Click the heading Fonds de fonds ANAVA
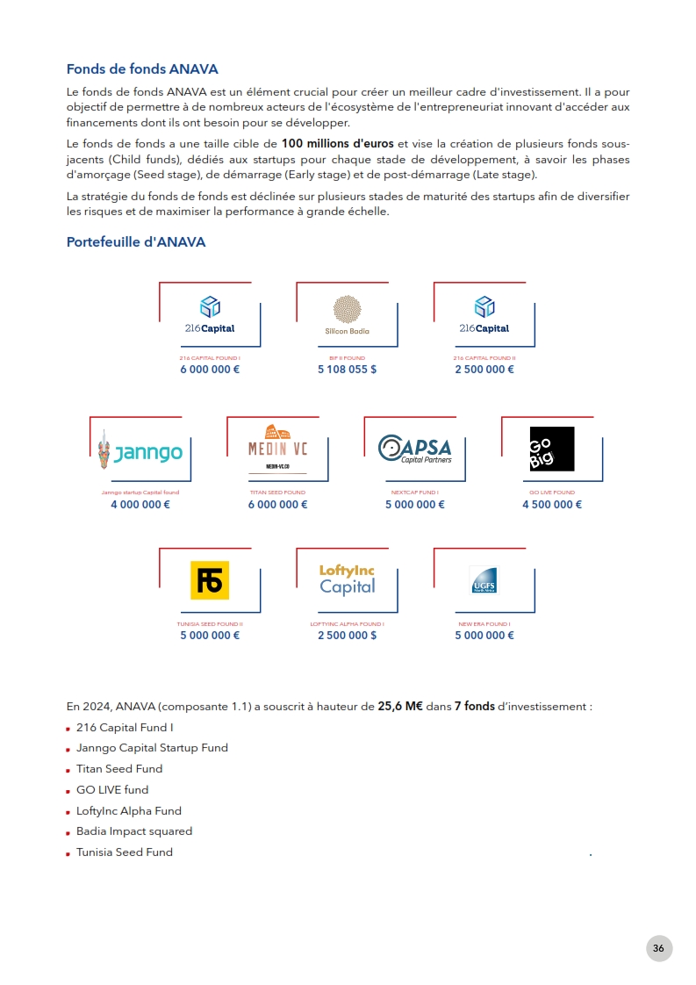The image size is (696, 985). [142, 69]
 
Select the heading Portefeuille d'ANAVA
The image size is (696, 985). [136, 242]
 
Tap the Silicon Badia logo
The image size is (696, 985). [348, 314]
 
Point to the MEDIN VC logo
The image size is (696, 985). [278, 449]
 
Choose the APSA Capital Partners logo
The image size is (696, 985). [414, 449]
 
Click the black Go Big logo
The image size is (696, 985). [552, 449]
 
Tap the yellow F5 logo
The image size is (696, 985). [210, 580]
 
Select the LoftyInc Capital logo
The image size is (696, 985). [347, 580]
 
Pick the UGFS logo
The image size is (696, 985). [483, 580]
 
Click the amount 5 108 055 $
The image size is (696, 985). [347, 370]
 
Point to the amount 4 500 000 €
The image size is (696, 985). [552, 504]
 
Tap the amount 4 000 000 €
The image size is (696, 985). [140, 504]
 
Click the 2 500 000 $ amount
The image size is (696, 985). [347, 635]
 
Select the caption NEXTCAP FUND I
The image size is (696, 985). [414, 492]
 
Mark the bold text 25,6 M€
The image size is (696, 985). [400, 706]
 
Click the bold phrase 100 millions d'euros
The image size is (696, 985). [338, 143]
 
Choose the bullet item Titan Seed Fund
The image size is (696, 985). [119, 768]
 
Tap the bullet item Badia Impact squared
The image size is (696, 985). [134, 830]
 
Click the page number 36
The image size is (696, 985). [659, 948]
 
